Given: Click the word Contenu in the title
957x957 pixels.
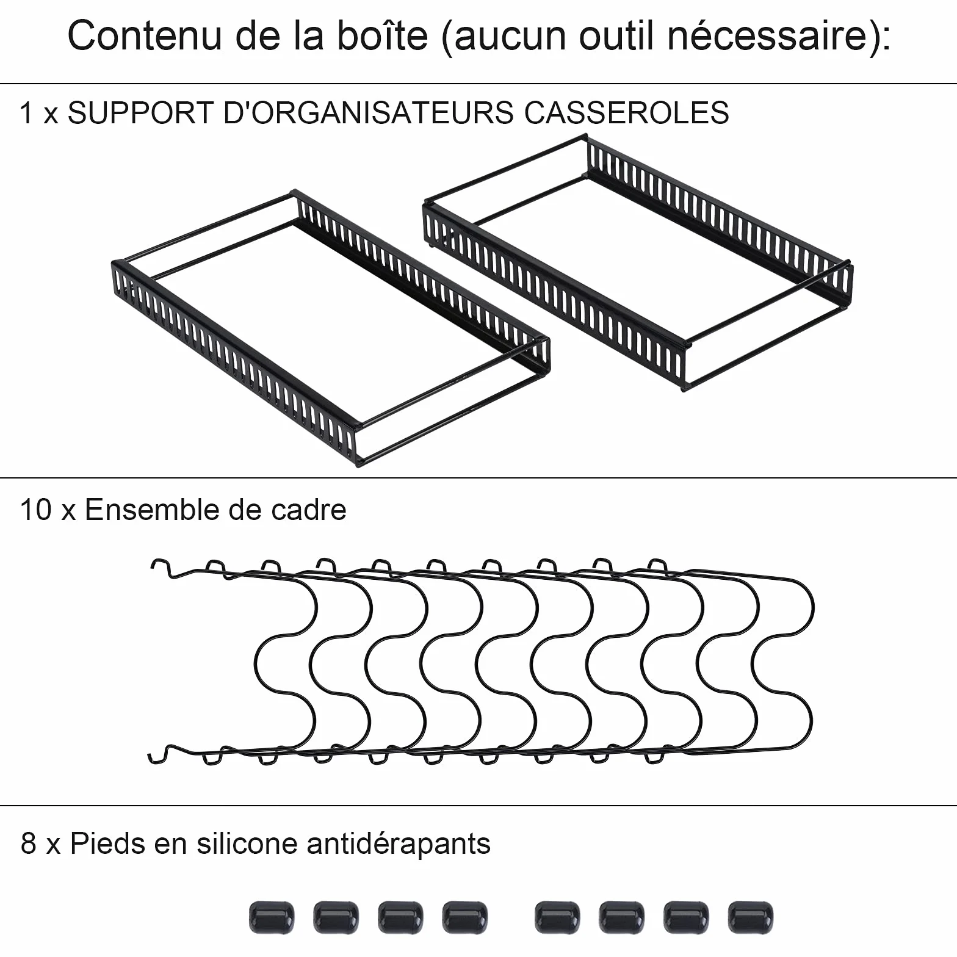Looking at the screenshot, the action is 144,35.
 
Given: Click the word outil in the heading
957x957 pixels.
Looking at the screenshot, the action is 617,35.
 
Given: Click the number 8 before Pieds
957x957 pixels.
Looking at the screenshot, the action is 29,843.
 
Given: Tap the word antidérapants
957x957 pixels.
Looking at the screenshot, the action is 399,843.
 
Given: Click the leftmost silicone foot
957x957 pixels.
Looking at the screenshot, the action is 272,917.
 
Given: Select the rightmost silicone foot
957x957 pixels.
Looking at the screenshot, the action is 750,917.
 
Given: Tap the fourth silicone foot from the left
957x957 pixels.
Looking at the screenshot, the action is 465,917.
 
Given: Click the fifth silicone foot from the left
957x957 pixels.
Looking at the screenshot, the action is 557,917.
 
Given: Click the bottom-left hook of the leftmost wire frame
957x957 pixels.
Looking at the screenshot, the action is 159,754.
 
